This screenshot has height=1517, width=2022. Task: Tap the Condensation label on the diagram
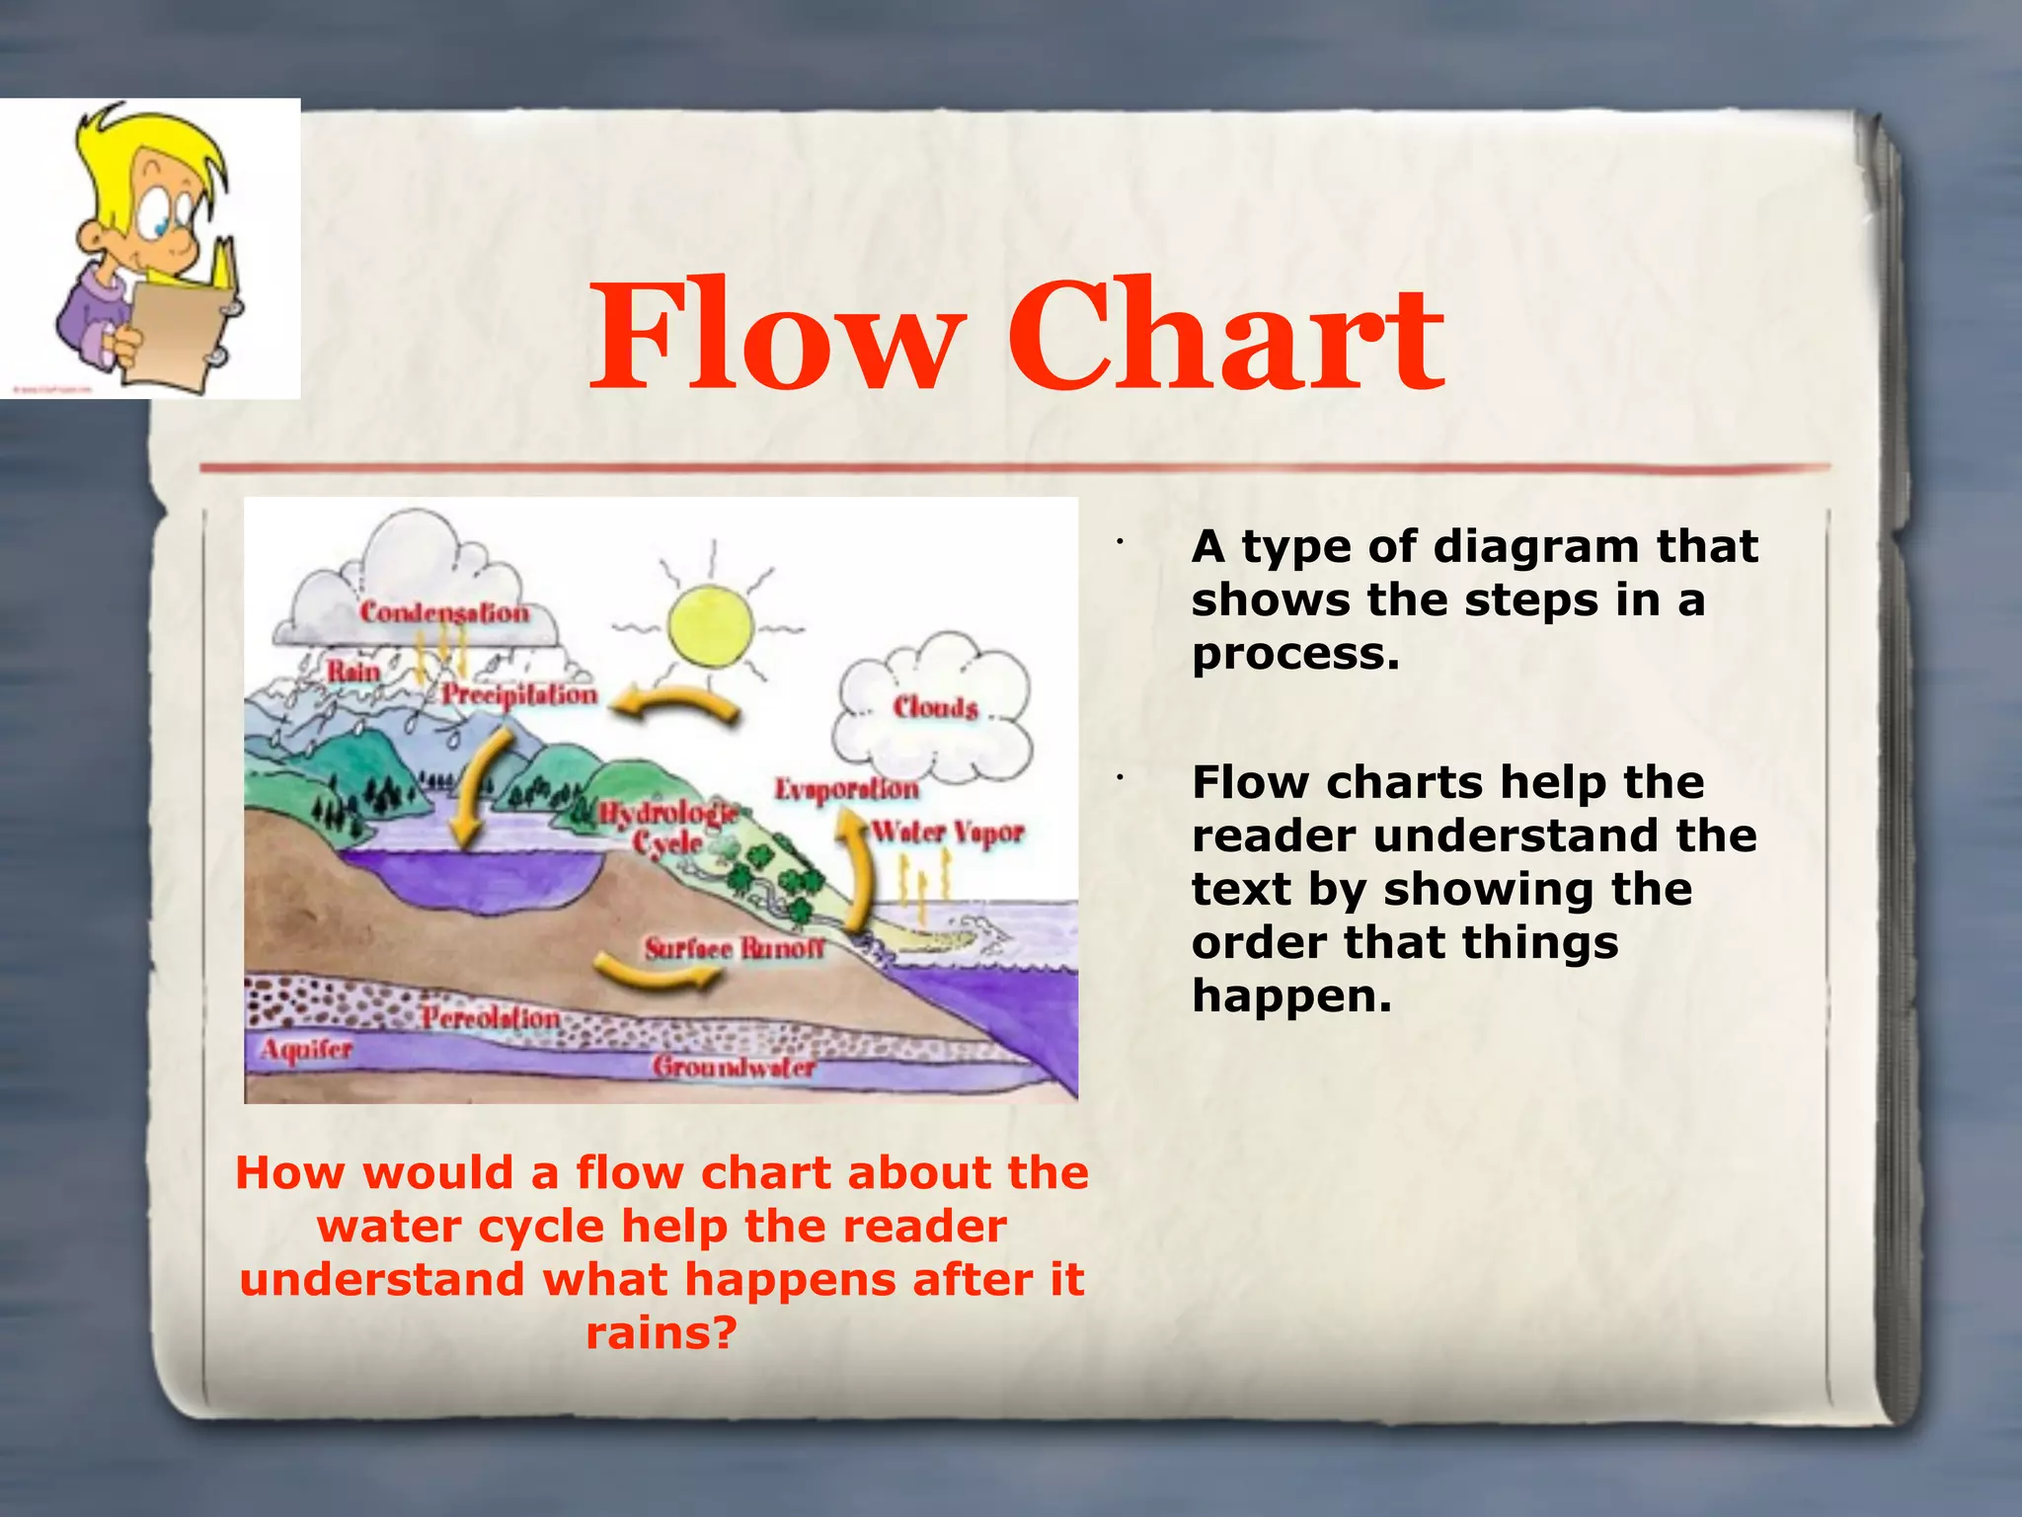click(444, 612)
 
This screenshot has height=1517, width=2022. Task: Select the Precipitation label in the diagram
click(519, 694)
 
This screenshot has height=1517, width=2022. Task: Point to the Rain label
click(353, 672)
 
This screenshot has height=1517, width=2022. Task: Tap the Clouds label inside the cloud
click(935, 707)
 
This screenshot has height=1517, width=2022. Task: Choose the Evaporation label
click(846, 789)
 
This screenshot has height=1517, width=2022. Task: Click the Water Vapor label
click(948, 833)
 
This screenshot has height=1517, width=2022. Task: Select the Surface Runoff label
click(734, 948)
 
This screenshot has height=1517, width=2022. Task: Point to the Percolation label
click(491, 1017)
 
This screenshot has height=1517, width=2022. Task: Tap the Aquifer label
click(306, 1049)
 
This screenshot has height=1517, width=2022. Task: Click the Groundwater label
click(734, 1067)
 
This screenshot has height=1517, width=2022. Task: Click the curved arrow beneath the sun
click(675, 703)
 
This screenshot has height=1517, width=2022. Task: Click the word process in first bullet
click(1294, 654)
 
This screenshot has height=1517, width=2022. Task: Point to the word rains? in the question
click(661, 1333)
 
